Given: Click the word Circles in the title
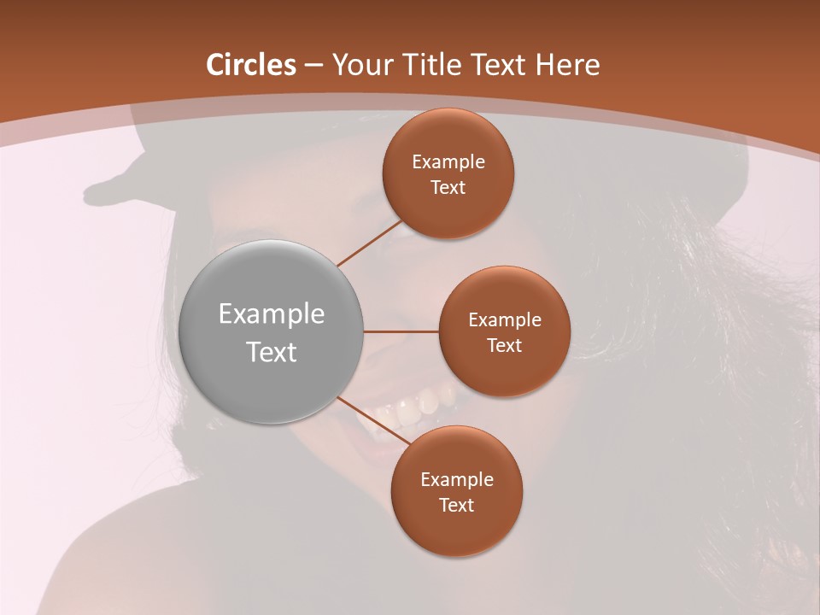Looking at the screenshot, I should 250,65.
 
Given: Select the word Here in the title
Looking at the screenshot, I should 568,65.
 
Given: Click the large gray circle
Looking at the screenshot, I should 272,332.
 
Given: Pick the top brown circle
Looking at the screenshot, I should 448,173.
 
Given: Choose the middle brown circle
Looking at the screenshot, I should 504,331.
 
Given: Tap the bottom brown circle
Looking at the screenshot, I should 456,491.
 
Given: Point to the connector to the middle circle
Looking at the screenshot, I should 401,331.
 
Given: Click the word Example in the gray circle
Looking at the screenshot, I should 272,314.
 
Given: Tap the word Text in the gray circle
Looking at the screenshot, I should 272,352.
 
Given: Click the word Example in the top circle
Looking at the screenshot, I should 448,161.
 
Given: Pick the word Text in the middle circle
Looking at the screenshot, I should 504,345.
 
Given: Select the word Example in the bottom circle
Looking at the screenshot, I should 456,479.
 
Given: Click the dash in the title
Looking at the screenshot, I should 313,66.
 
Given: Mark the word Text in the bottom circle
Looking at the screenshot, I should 456,505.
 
